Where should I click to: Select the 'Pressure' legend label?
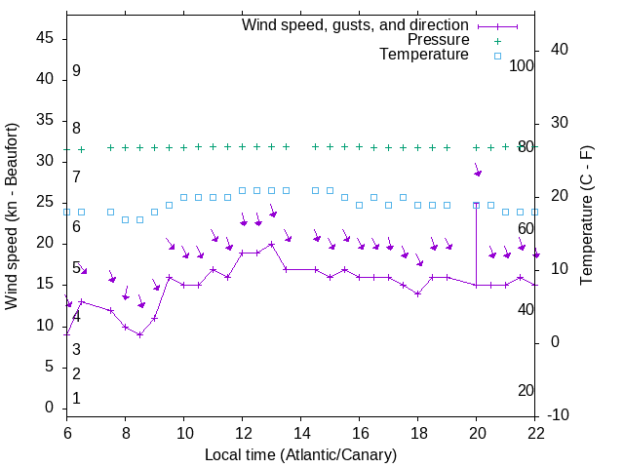(x=438, y=40)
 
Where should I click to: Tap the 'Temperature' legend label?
(x=424, y=55)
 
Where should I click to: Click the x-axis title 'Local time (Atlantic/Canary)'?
(x=300, y=455)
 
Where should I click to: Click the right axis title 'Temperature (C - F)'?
(x=586, y=216)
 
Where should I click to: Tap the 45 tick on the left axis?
(x=43, y=39)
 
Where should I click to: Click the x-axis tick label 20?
(x=476, y=433)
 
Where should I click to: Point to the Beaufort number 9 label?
(x=76, y=71)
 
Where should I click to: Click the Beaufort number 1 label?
(x=76, y=399)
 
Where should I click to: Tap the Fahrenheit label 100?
(x=523, y=66)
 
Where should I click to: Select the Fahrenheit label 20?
(x=526, y=391)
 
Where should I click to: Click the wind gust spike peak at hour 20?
(x=476, y=204)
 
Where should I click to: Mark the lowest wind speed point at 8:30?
(x=139, y=334)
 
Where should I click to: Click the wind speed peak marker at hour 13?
(x=271, y=244)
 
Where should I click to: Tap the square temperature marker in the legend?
(x=497, y=56)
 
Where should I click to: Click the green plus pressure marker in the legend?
(x=497, y=40)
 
